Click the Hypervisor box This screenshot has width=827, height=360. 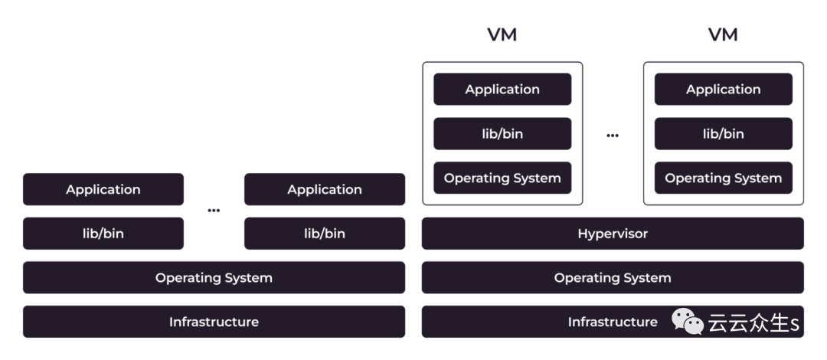[613, 234]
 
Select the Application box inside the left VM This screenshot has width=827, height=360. [502, 90]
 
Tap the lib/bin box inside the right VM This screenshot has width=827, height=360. [723, 134]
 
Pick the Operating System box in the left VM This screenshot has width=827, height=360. [502, 178]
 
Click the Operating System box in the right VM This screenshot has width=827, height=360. [723, 178]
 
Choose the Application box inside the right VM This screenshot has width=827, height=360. [723, 90]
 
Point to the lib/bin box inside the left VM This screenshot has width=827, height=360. [502, 134]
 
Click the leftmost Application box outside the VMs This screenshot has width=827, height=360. [103, 190]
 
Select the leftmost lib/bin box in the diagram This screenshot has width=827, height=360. [103, 234]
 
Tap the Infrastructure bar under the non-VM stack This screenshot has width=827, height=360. [214, 322]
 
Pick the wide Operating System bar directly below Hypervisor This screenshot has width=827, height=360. [613, 278]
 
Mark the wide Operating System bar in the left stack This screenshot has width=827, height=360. [214, 278]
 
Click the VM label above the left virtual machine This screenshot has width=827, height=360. [502, 35]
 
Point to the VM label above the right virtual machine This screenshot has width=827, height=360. [723, 35]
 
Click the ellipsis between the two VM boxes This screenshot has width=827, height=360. [613, 136]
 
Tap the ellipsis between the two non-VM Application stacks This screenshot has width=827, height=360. [214, 211]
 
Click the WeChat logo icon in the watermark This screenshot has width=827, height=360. [688, 322]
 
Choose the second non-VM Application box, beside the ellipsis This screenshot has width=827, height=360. [325, 190]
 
